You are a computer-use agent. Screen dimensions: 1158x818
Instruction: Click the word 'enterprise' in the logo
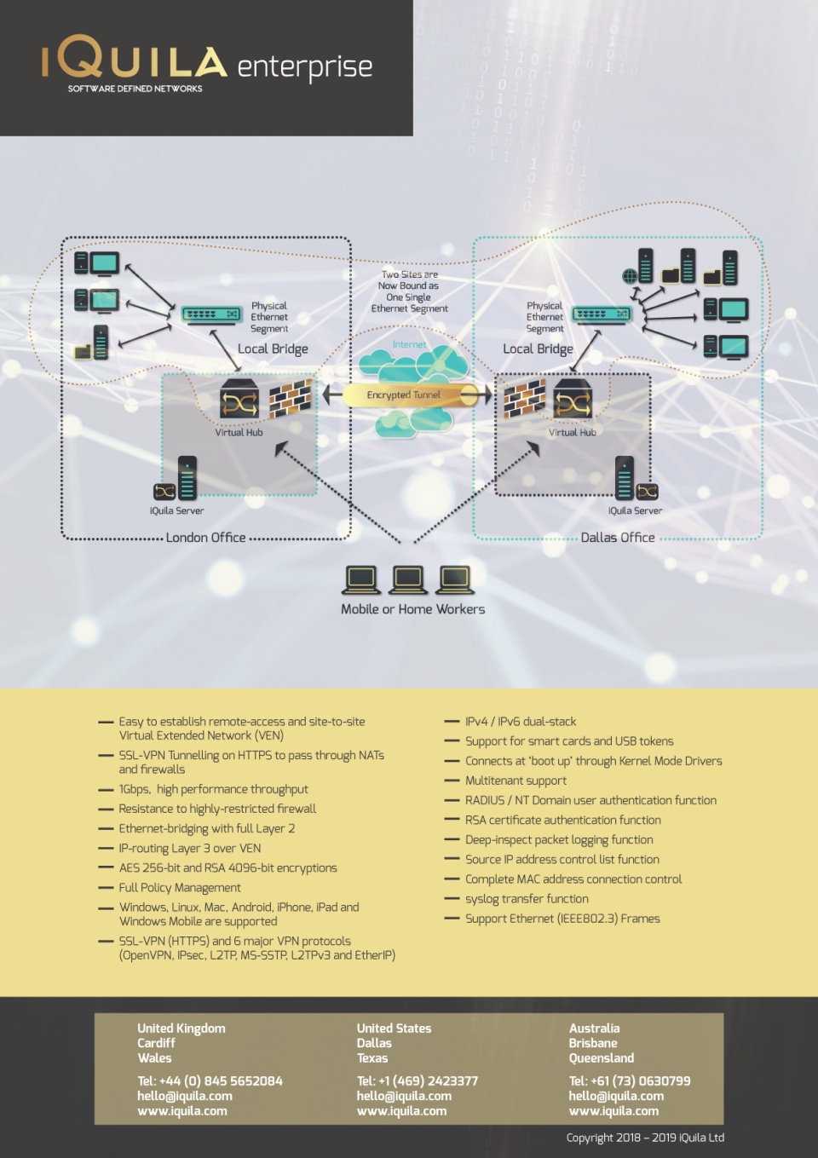[x=304, y=67]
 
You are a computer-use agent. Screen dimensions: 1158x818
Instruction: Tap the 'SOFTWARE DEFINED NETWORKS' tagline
[x=135, y=89]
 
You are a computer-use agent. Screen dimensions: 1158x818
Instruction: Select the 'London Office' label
[x=205, y=538]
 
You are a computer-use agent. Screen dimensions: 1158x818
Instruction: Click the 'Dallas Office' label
[x=618, y=538]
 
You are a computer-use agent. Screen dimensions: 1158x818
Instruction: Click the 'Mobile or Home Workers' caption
[x=412, y=609]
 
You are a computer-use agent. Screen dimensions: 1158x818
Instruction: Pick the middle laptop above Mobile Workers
[x=408, y=579]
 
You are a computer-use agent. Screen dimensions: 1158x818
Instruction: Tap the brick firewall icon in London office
[x=291, y=398]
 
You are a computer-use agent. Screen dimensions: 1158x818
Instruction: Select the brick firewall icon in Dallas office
[x=524, y=398]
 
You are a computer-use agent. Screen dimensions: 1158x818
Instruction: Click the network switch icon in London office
[x=211, y=314]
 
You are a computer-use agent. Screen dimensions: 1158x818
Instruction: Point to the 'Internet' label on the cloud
[x=409, y=345]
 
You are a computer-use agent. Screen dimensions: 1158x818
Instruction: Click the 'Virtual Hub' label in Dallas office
[x=572, y=433]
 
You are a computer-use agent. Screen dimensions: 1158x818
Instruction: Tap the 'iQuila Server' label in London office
[x=176, y=511]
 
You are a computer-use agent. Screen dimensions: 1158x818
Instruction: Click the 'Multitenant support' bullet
[x=516, y=781]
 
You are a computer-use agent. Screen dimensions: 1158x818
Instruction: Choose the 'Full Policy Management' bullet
[x=180, y=888]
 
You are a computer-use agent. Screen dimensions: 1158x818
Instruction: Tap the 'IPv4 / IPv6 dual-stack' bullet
[x=520, y=722]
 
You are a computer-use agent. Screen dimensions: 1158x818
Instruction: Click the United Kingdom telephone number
[x=210, y=1081]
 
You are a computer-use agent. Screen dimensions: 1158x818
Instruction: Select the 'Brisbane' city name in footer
[x=593, y=1044]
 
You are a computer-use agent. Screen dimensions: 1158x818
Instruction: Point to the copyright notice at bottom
[x=645, y=1138]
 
